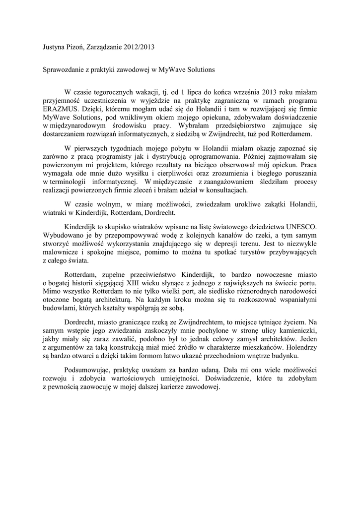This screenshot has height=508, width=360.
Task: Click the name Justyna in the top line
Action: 54,48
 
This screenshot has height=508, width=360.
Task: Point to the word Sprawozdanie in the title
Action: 63,70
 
